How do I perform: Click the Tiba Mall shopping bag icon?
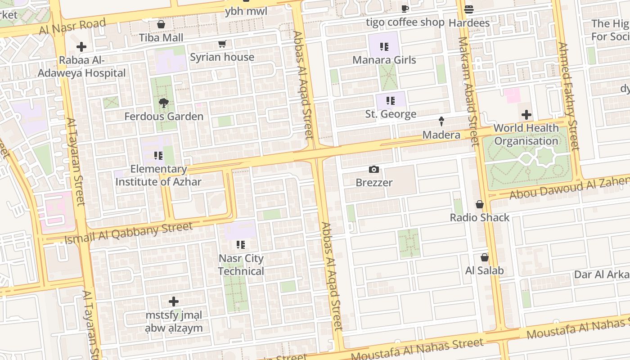coord(161,24)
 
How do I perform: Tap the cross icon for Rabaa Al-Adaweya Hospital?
coord(81,47)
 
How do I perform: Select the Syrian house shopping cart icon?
coord(222,44)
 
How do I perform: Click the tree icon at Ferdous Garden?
coord(164,103)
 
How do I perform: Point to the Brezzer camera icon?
coord(373,170)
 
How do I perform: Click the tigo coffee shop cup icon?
coord(405,9)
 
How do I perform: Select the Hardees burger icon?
coord(469,9)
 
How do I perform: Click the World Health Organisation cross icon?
coord(526,115)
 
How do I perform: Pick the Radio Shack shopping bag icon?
coord(480,204)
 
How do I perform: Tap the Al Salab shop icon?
coord(485,257)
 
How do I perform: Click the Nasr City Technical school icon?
coord(241,245)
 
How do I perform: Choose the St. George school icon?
coord(390,101)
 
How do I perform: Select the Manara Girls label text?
coord(384,60)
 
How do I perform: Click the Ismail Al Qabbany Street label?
coord(129,233)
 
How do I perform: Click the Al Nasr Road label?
coord(72,27)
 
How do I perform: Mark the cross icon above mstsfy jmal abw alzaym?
coord(174,301)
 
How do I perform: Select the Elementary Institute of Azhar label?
coord(158,175)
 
